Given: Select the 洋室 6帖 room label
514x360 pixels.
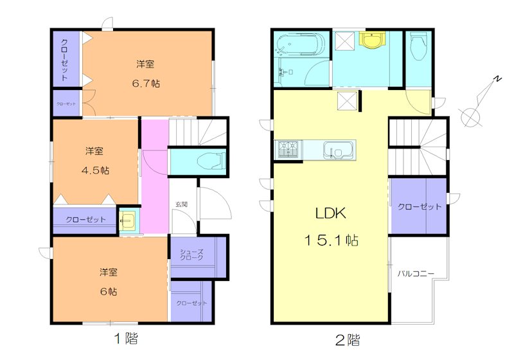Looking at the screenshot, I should (108, 281).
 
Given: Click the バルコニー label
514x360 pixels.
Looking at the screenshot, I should (416, 274).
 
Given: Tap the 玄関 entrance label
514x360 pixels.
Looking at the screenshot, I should (181, 204).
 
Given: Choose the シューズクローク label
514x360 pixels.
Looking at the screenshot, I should (191, 254).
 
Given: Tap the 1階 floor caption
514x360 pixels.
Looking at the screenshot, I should (126, 337).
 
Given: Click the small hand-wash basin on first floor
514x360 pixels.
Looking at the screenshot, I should (128, 221).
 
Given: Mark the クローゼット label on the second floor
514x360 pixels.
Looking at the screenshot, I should (420, 207).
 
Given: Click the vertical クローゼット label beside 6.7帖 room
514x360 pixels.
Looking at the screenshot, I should (65, 59).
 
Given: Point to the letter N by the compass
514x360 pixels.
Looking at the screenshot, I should (497, 79).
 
